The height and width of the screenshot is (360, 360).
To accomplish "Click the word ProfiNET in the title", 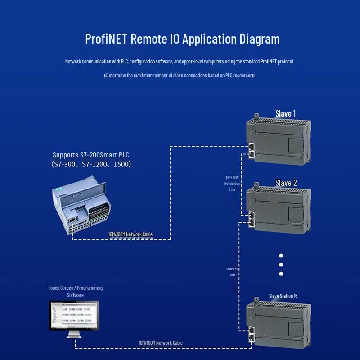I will (106, 39).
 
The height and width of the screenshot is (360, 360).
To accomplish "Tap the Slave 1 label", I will (285, 113).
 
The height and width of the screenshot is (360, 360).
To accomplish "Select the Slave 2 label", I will (286, 183).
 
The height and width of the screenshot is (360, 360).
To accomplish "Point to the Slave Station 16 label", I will (283, 296).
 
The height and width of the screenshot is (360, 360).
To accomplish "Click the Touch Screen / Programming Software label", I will (75, 291).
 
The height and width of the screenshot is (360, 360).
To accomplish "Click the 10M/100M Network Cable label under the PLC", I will (130, 234).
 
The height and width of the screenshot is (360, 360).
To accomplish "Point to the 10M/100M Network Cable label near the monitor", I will (160, 343).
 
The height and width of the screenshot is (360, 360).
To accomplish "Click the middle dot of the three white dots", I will (281, 264).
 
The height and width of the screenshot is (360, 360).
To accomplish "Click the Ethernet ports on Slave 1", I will (251, 150).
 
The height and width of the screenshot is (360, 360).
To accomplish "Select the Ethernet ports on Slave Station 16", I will (251, 333).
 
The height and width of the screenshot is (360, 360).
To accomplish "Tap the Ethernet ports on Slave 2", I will (251, 219).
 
